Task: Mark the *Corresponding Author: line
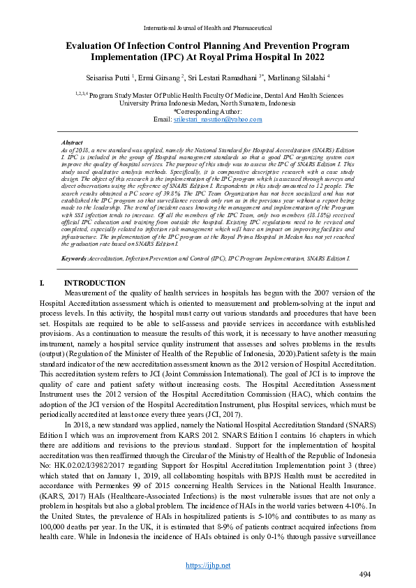click(x=207, y=111)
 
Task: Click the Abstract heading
click(x=73, y=142)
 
